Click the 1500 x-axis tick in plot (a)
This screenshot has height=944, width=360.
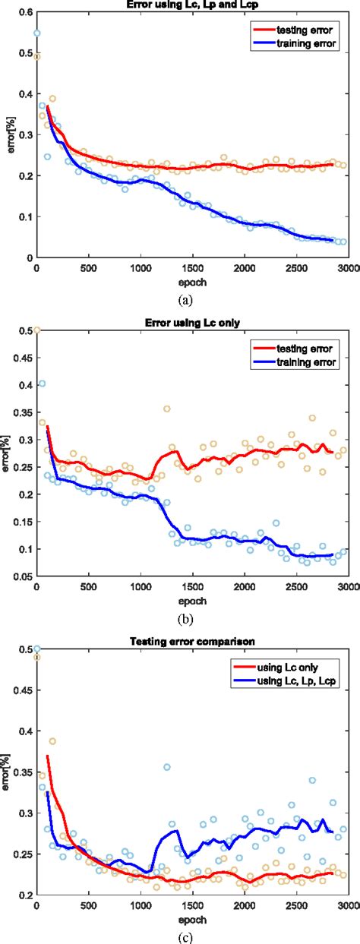192,268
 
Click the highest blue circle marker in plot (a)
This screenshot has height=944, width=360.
36,33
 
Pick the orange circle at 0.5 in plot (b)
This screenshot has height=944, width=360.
36,330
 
